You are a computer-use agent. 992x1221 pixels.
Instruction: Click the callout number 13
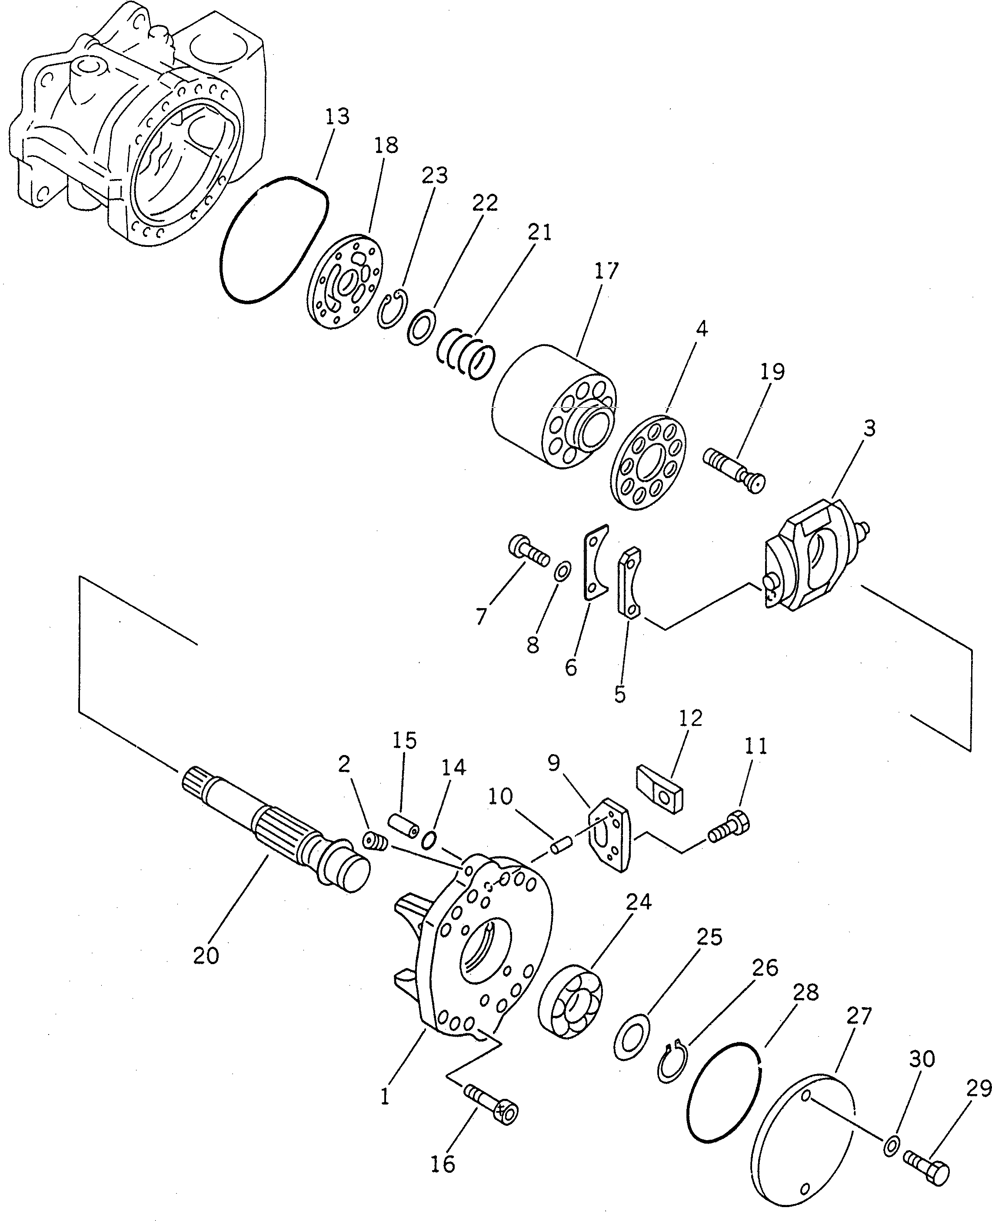point(337,117)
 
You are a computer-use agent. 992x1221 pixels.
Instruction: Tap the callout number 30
point(922,1059)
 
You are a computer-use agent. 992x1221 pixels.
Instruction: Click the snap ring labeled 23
point(393,309)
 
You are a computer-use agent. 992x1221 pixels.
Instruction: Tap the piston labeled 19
point(734,469)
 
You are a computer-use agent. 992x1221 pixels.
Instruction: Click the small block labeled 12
point(660,787)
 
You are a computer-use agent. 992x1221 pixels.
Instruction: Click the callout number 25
point(709,937)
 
